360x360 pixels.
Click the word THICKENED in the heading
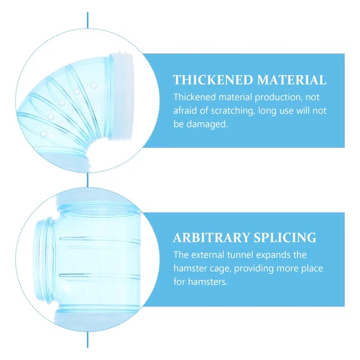point(213,80)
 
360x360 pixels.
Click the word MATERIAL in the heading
point(291,80)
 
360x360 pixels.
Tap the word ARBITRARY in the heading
point(210,237)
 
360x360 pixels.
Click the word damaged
point(207,124)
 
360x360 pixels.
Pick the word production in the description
point(277,97)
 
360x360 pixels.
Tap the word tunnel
point(240,255)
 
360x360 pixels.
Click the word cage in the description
point(219,269)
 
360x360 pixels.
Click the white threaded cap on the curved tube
point(121,96)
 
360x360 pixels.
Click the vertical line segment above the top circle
point(88,20)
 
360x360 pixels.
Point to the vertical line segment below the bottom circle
point(88,339)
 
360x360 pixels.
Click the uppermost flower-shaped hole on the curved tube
point(93,85)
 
